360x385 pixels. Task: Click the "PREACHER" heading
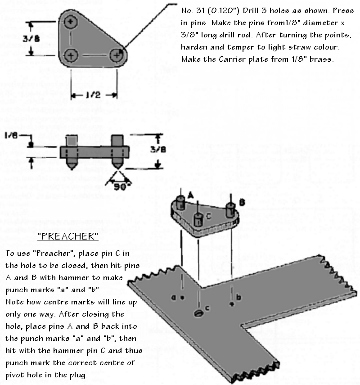tap(67, 236)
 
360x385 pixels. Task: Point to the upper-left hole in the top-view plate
tap(71, 22)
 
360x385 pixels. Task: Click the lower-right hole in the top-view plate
tap(117, 56)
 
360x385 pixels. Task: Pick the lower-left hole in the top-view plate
tap(71, 56)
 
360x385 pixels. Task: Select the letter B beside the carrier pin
tap(242, 203)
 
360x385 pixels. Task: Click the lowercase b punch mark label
tap(239, 297)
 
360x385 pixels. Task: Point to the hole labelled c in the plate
tap(198, 312)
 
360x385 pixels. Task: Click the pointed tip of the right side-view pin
tap(117, 168)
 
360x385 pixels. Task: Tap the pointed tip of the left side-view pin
tap(71, 168)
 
